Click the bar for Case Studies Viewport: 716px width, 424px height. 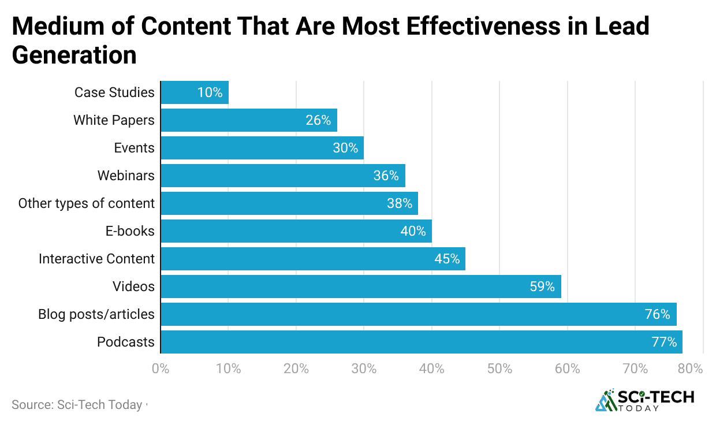click(194, 92)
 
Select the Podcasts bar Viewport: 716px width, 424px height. click(421, 342)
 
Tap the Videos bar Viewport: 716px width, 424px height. click(360, 287)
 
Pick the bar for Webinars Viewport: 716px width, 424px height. click(282, 176)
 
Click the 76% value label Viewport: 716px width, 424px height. click(657, 314)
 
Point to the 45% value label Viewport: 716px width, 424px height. click(447, 259)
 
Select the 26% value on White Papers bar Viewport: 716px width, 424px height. click(318, 120)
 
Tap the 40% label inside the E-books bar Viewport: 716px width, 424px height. click(413, 231)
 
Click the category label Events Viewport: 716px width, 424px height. click(134, 148)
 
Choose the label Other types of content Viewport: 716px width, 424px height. click(86, 203)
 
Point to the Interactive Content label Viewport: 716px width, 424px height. click(96, 259)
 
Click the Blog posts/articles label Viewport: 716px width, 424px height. click(96, 314)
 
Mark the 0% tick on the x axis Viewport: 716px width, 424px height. click(161, 369)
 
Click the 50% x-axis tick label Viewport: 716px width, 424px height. click(499, 369)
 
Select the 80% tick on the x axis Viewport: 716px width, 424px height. click(690, 369)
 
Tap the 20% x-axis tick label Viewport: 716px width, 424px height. click(296, 369)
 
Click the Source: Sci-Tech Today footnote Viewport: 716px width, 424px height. click(77, 405)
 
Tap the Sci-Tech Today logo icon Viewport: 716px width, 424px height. click(605, 400)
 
